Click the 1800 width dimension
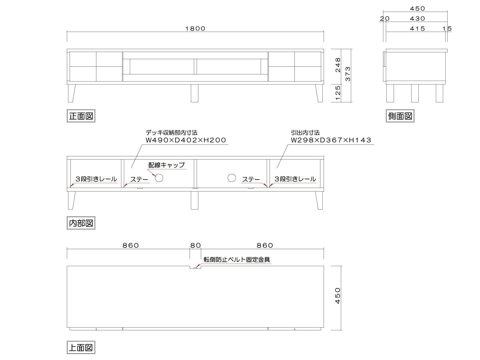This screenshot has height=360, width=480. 195,29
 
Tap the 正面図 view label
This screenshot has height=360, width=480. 81,116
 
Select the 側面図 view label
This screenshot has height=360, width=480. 400,116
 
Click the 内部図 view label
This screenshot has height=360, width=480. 81,223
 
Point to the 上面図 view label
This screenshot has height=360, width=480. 81,347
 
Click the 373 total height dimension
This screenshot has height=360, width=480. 348,74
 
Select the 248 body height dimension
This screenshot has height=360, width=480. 338,65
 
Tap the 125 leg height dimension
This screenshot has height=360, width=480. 338,93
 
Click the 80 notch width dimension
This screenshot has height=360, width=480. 195,246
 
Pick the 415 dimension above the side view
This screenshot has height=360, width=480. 417,29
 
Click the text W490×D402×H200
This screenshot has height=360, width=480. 186,140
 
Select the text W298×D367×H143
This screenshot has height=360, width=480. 331,140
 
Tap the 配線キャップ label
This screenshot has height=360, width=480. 167,165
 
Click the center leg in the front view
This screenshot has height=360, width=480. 195,93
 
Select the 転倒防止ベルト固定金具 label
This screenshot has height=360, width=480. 237,260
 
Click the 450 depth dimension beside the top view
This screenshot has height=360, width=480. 338,296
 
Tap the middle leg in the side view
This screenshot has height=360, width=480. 415,93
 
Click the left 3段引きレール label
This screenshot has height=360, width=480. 96,179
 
